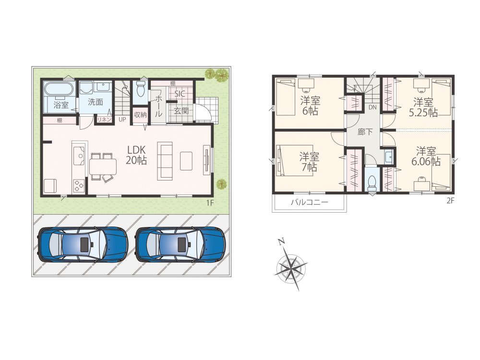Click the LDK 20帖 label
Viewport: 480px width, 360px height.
click(136, 155)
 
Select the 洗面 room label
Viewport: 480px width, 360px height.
click(95, 102)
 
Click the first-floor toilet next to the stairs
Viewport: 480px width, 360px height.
click(141, 88)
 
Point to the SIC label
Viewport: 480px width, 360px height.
click(180, 94)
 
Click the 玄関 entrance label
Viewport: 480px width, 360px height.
click(181, 110)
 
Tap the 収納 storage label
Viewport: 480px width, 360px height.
click(140, 115)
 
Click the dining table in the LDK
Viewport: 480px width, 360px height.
click(104, 167)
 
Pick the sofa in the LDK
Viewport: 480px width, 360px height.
click(165, 161)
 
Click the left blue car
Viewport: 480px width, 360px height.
click(83, 244)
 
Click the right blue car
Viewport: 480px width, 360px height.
click(180, 244)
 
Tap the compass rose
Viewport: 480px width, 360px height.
click(291, 265)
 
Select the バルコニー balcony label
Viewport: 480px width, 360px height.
click(309, 203)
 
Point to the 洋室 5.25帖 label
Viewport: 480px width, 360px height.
click(423, 107)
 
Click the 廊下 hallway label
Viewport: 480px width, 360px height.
click(365, 132)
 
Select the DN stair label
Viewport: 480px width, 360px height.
click(372, 107)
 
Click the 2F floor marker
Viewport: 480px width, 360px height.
click(450, 201)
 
